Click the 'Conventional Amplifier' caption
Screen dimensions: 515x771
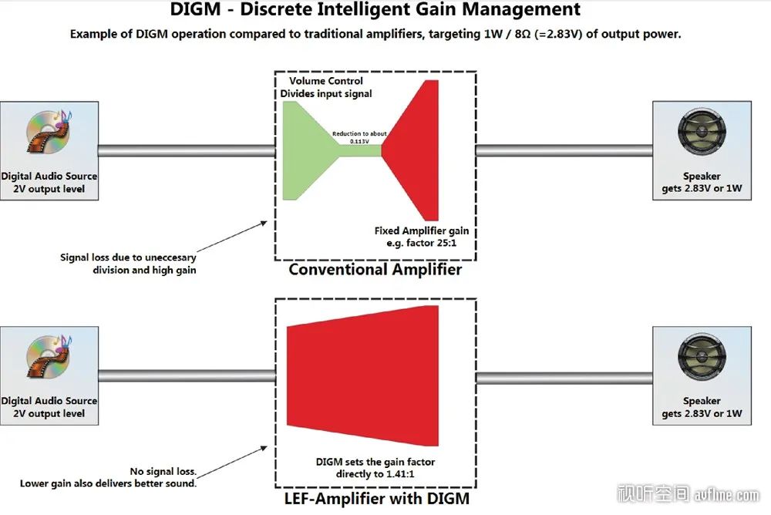(x=375, y=269)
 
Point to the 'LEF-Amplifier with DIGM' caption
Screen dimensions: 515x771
(x=375, y=499)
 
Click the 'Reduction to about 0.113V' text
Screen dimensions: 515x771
(x=359, y=137)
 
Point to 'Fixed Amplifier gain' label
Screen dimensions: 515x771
(x=422, y=231)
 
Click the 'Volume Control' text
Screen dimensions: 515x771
(x=325, y=81)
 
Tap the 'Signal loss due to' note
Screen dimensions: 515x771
(x=128, y=257)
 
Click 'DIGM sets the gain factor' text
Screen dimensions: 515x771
(x=375, y=462)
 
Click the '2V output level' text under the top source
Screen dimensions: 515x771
(x=49, y=188)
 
